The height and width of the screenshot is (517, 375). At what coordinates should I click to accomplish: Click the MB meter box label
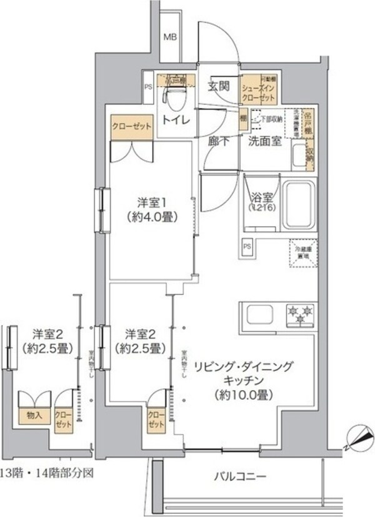[x=170, y=37]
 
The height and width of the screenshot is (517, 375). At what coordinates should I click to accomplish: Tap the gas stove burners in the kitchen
[x=301, y=314]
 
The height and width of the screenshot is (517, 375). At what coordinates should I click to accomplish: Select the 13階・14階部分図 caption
[x=47, y=473]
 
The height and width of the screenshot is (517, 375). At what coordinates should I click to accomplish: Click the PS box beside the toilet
[x=148, y=87]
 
